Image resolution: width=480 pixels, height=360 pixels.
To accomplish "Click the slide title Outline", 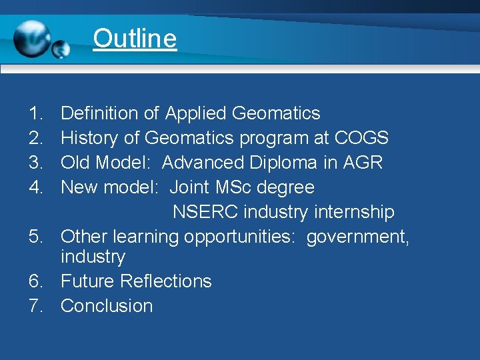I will tap(135, 38).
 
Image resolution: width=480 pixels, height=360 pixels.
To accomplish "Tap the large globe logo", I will tap(31, 38).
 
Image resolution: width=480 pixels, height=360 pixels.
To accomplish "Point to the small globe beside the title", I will tap(61, 49).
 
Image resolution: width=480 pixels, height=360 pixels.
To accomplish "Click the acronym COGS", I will tap(361, 138).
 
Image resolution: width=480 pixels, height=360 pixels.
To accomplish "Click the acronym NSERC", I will tap(205, 212).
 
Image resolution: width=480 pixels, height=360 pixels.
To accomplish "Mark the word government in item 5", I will tap(357, 237).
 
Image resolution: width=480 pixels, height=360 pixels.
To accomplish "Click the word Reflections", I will tap(166, 281).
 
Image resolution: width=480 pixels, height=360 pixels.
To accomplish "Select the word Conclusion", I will tap(107, 306).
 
